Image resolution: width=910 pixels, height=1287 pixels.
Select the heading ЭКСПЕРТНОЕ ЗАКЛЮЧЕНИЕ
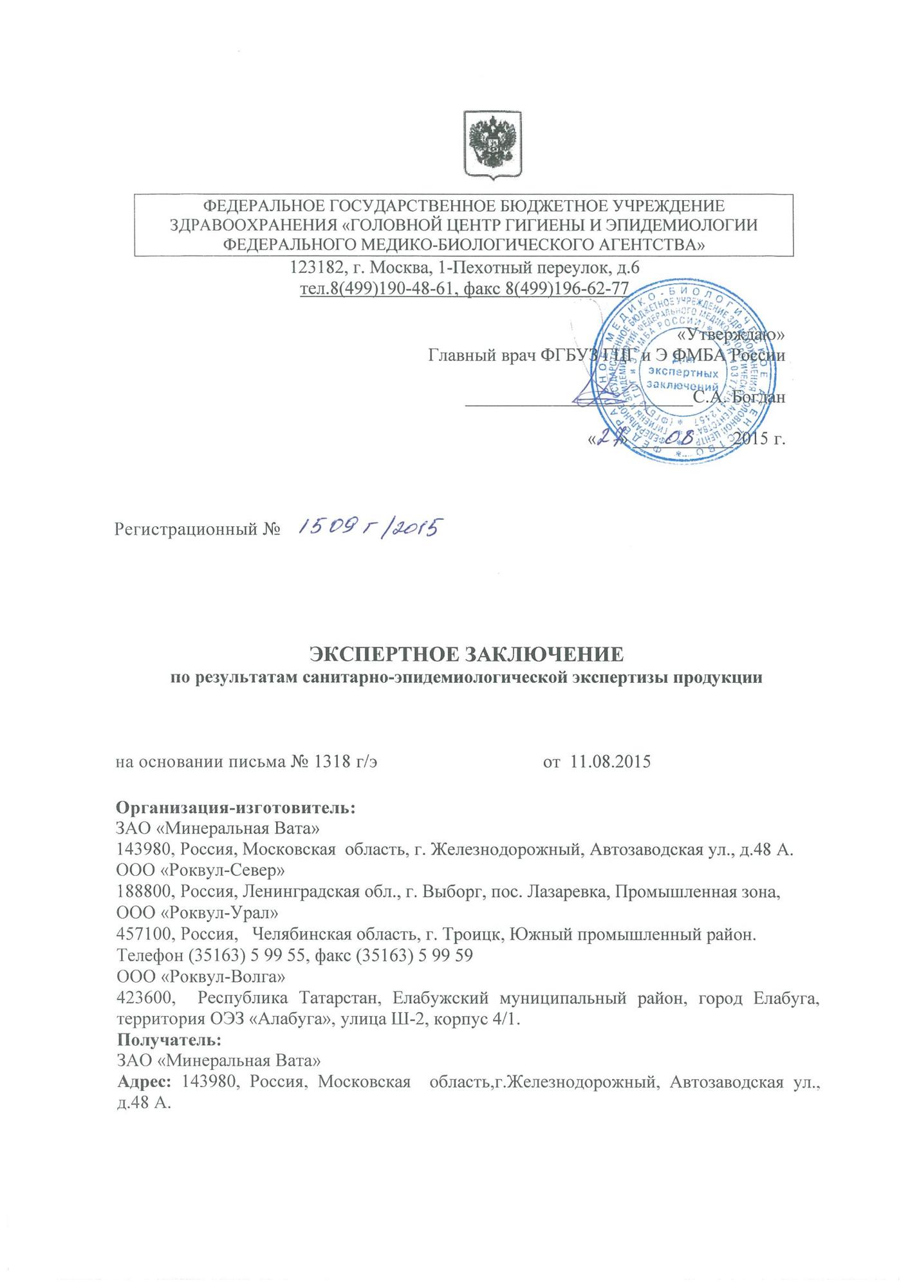(x=467, y=654)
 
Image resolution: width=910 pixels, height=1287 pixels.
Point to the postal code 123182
(x=313, y=266)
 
